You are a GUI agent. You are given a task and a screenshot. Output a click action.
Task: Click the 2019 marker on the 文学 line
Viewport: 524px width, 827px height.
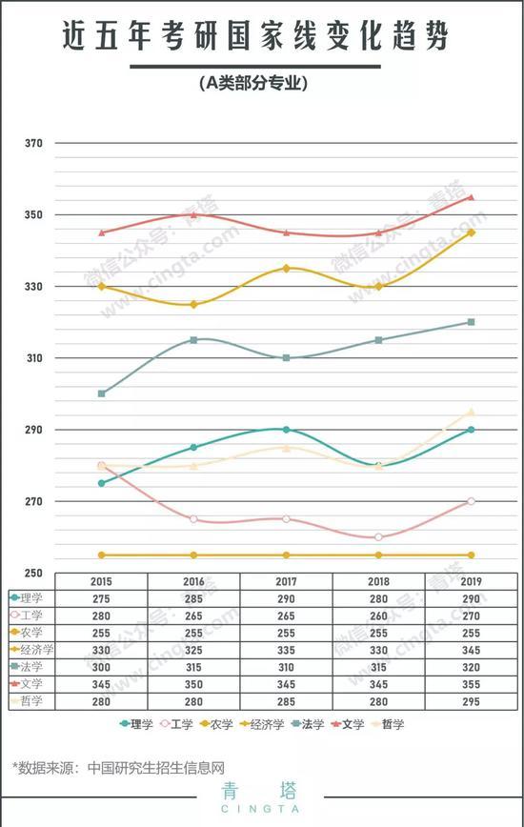[472, 197]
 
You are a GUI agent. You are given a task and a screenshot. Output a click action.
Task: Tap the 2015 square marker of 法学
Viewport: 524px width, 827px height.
[102, 393]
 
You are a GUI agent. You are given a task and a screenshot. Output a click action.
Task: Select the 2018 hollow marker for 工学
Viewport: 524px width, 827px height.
[378, 537]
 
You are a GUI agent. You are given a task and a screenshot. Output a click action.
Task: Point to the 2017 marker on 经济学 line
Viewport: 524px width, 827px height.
[286, 269]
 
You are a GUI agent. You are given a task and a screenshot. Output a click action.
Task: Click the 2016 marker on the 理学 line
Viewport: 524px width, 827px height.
[194, 447]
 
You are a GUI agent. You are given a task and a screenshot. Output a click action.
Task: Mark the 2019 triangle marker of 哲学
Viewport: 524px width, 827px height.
[472, 412]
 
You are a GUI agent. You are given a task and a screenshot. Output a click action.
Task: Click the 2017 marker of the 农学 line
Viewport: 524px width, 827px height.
[286, 555]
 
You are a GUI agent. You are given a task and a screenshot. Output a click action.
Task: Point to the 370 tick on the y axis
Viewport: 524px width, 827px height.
[33, 143]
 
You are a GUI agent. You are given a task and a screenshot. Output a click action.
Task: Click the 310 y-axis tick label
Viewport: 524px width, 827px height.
[33, 358]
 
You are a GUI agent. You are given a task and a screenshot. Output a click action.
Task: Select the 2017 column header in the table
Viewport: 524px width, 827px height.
[286, 582]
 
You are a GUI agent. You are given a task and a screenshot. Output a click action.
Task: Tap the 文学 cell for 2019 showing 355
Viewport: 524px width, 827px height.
[472, 685]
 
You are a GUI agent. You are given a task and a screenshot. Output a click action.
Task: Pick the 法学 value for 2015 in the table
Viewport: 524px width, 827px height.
[101, 667]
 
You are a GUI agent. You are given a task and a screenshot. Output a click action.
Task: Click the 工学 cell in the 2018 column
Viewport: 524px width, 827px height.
[378, 616]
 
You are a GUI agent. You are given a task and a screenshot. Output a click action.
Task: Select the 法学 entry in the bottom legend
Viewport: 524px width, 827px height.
[308, 724]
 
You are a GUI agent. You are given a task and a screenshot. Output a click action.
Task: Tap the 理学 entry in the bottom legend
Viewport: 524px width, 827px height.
[136, 724]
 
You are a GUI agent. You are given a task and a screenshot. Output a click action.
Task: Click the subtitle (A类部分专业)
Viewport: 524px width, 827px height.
[253, 83]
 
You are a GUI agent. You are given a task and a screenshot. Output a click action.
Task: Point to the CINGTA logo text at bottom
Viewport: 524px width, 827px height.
[260, 809]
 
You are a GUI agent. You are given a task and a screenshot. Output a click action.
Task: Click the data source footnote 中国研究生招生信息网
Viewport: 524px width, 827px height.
[156, 767]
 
